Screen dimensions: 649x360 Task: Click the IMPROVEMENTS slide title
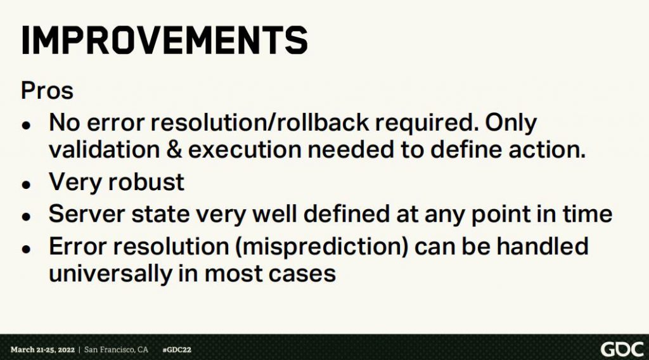pyautogui.click(x=164, y=40)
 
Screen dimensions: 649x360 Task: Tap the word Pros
pyautogui.click(x=47, y=91)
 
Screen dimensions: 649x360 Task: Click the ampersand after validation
pyautogui.click(x=174, y=150)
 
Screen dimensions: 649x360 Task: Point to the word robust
pyautogui.click(x=145, y=182)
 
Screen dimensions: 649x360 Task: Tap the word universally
pyautogui.click(x=110, y=274)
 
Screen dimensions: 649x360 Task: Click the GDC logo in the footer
pyautogui.click(x=622, y=350)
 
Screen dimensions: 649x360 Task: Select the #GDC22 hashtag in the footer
pyautogui.click(x=177, y=350)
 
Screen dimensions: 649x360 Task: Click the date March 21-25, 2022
pyautogui.click(x=42, y=350)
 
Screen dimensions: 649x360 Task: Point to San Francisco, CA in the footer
pyautogui.click(x=116, y=350)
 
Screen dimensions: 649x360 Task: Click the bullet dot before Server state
pyautogui.click(x=27, y=216)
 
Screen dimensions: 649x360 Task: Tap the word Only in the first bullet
pyautogui.click(x=511, y=124)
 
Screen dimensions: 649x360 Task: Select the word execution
pyautogui.click(x=245, y=150)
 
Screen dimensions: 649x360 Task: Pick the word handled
pyautogui.click(x=543, y=246)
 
